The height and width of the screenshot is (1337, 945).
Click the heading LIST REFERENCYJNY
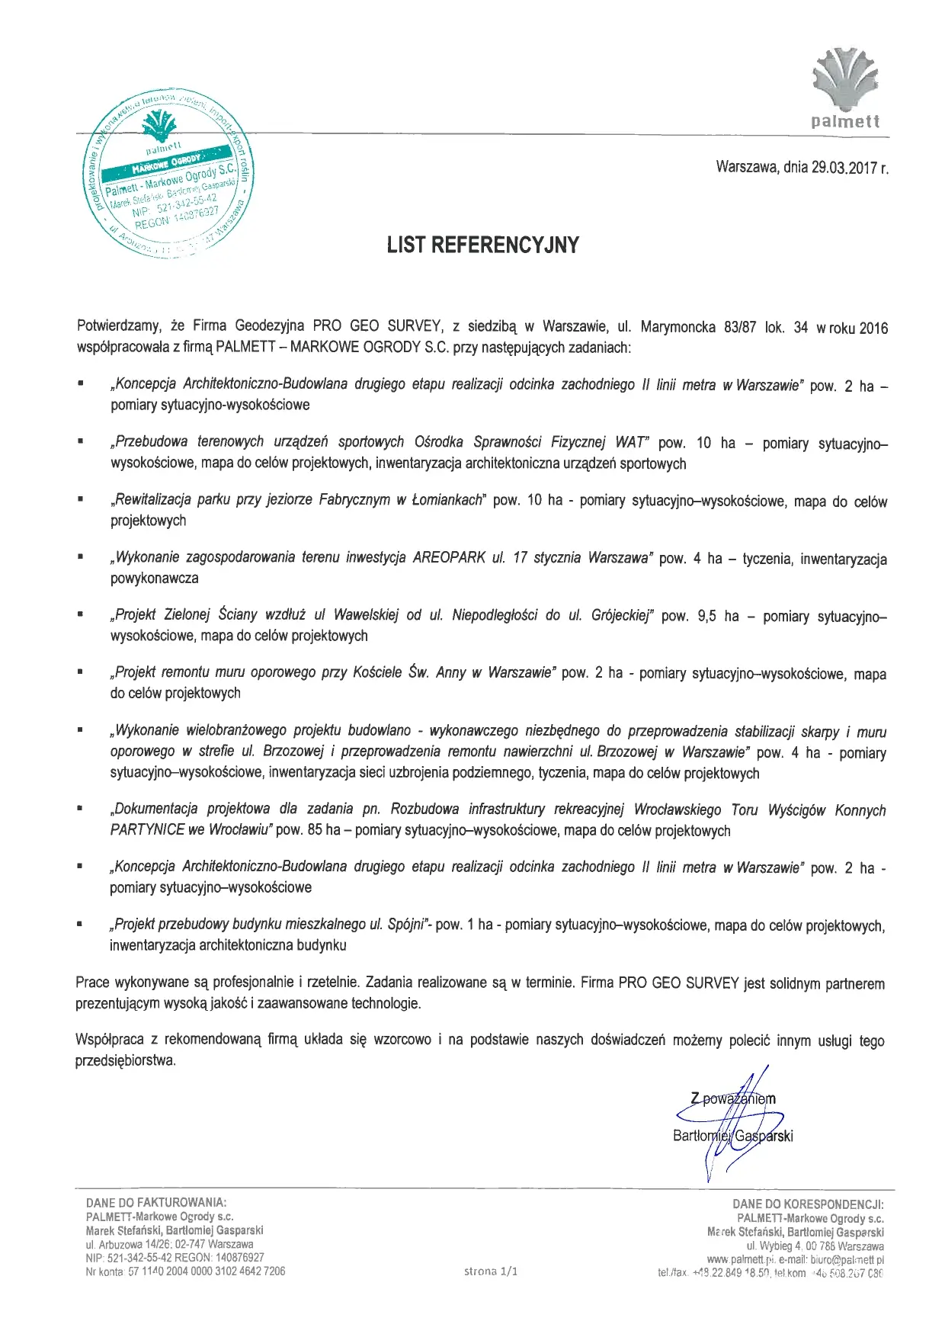coord(482,245)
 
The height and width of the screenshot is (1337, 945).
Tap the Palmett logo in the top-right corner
coord(845,87)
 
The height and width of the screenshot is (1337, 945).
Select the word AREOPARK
coord(449,557)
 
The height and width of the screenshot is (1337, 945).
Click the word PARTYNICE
coord(147,829)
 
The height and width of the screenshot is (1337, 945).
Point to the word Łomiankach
coord(447,500)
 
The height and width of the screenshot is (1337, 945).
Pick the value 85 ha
coord(324,829)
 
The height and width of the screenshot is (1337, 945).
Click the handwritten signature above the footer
coord(732,1121)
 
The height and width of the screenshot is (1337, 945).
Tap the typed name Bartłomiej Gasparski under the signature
coord(732,1136)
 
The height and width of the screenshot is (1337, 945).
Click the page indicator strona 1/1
coord(490,1271)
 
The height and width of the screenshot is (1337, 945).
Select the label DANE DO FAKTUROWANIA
coord(156,1203)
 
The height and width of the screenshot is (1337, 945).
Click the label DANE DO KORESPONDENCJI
coord(808,1204)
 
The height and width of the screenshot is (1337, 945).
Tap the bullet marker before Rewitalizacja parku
coord(79,500)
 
